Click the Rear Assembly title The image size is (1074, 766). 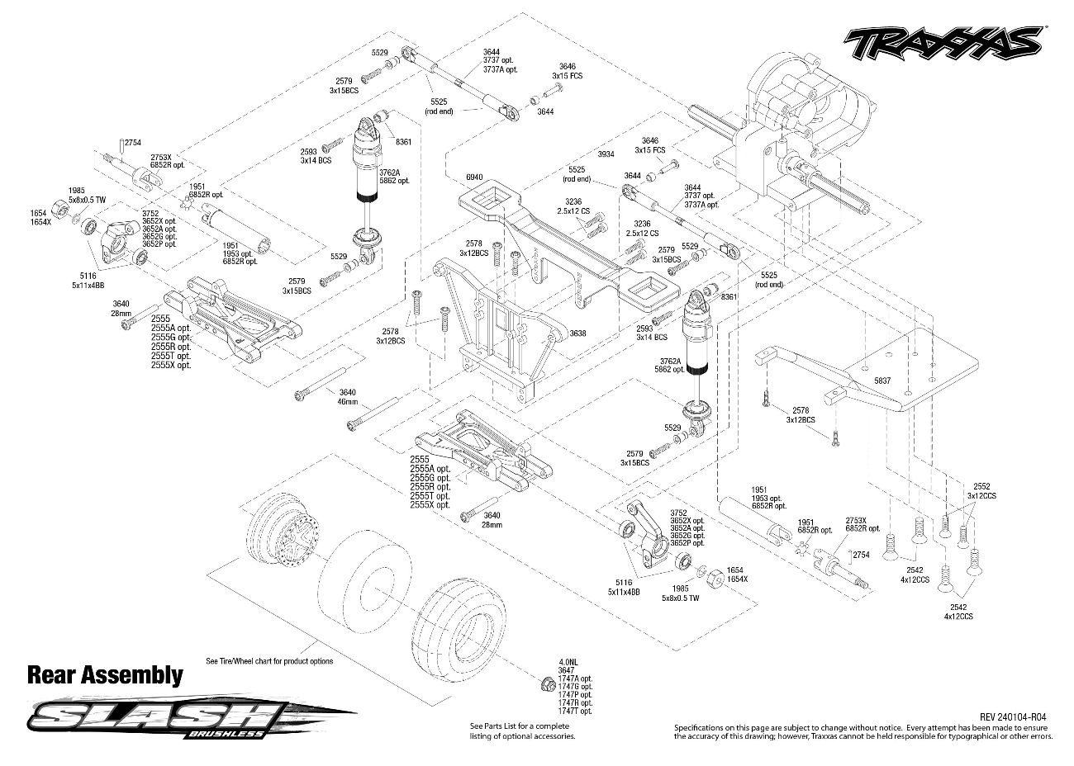[105, 675]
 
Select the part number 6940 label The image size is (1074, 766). [473, 177]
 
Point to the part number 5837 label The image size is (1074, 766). [883, 381]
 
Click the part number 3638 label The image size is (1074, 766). [577, 333]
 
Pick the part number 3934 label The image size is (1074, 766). [606, 154]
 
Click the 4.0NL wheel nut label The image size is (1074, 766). [568, 663]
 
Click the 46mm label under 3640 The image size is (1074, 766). [348, 402]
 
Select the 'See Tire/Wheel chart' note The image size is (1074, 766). [269, 661]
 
